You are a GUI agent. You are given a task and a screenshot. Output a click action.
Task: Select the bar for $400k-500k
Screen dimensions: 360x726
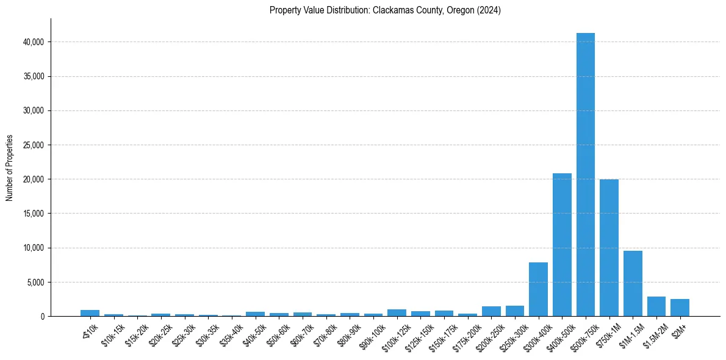562,245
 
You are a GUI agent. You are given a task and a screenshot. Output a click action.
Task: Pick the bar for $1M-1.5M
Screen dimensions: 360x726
633,284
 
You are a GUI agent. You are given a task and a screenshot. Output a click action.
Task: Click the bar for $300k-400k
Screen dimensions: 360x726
538,289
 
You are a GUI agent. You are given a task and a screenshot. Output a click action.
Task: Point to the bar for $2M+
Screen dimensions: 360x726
680,308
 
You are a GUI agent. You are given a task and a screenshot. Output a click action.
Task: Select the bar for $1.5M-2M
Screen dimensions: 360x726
656,306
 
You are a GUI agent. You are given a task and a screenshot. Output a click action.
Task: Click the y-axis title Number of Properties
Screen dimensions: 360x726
10,168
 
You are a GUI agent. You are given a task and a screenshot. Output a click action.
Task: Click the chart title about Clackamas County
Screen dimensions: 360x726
385,10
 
